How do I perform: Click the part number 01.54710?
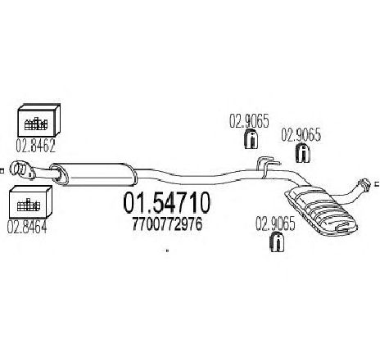click(167, 202)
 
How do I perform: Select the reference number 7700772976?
click(167, 224)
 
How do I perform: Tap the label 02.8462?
click(36, 146)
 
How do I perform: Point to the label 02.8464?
click(27, 228)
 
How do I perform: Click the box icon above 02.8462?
click(38, 120)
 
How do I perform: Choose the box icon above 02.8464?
click(30, 202)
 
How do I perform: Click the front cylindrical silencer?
click(93, 174)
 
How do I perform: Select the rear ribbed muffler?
click(321, 210)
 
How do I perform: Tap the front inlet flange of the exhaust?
click(22, 170)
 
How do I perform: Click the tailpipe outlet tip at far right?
click(364, 184)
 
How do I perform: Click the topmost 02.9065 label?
click(249, 121)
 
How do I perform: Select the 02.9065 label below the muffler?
click(275, 223)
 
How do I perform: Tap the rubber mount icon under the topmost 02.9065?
click(251, 139)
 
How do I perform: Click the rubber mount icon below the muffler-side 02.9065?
click(277, 242)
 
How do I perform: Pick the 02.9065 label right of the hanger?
click(301, 135)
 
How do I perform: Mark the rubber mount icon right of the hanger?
click(303, 153)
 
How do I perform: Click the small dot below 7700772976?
click(167, 250)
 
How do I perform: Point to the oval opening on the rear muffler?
click(342, 227)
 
